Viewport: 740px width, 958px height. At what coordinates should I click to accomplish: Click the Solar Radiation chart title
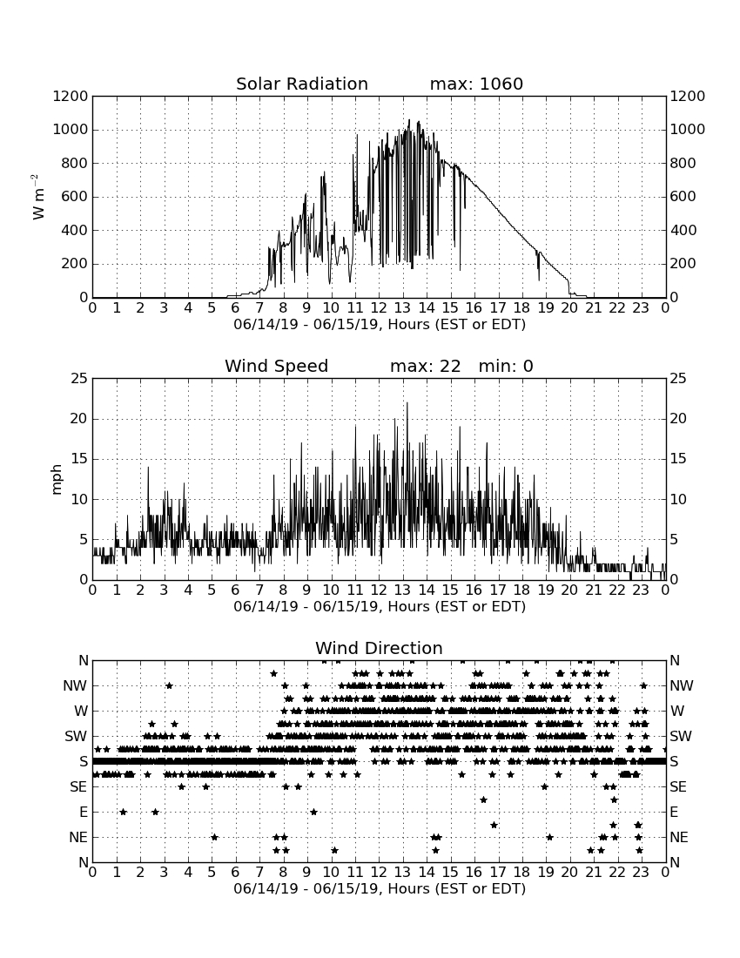301,84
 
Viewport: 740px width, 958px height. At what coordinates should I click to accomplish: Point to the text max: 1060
476,84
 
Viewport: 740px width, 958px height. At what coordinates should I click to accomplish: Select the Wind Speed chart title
277,366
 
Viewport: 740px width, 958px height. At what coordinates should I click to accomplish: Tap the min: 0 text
506,366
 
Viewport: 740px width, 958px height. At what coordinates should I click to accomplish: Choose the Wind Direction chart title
379,648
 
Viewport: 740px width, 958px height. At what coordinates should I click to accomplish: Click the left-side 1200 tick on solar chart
71,96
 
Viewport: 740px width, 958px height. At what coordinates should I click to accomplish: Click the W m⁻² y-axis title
37,197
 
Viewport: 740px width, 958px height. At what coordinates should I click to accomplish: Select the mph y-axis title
57,479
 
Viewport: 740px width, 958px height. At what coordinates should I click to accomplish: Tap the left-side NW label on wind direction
75,686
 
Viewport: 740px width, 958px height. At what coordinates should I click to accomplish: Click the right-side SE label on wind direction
678,787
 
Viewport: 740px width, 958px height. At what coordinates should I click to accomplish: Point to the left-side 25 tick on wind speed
79,379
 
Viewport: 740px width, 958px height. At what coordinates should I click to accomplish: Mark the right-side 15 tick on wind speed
678,459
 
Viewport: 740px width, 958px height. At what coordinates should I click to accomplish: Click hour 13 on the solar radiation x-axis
402,307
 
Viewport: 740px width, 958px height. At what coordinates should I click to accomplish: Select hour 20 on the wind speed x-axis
569,590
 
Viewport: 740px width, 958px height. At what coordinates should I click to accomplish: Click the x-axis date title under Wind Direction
380,888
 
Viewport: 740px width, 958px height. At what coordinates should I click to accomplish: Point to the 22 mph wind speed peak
407,403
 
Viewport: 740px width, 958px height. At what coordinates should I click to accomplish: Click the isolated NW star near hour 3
170,685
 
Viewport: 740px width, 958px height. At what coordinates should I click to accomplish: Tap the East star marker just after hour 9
313,812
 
